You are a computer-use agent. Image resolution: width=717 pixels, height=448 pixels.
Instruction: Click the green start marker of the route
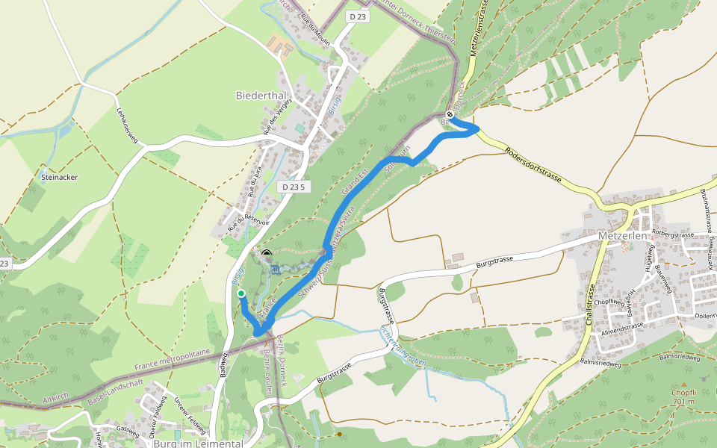point(241,294)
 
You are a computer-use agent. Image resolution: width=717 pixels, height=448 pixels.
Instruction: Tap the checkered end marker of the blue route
point(450,114)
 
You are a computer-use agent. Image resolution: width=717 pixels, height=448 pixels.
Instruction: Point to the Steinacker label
point(60,178)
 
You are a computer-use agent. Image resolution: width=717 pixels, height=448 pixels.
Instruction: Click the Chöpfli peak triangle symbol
point(683,384)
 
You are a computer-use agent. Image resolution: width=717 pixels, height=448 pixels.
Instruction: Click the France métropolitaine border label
point(172,360)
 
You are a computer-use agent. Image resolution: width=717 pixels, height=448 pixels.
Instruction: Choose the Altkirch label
point(57,400)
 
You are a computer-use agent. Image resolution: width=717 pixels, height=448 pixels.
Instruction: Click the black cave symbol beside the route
point(267,255)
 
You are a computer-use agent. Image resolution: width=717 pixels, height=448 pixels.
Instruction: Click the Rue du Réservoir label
point(248,216)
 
